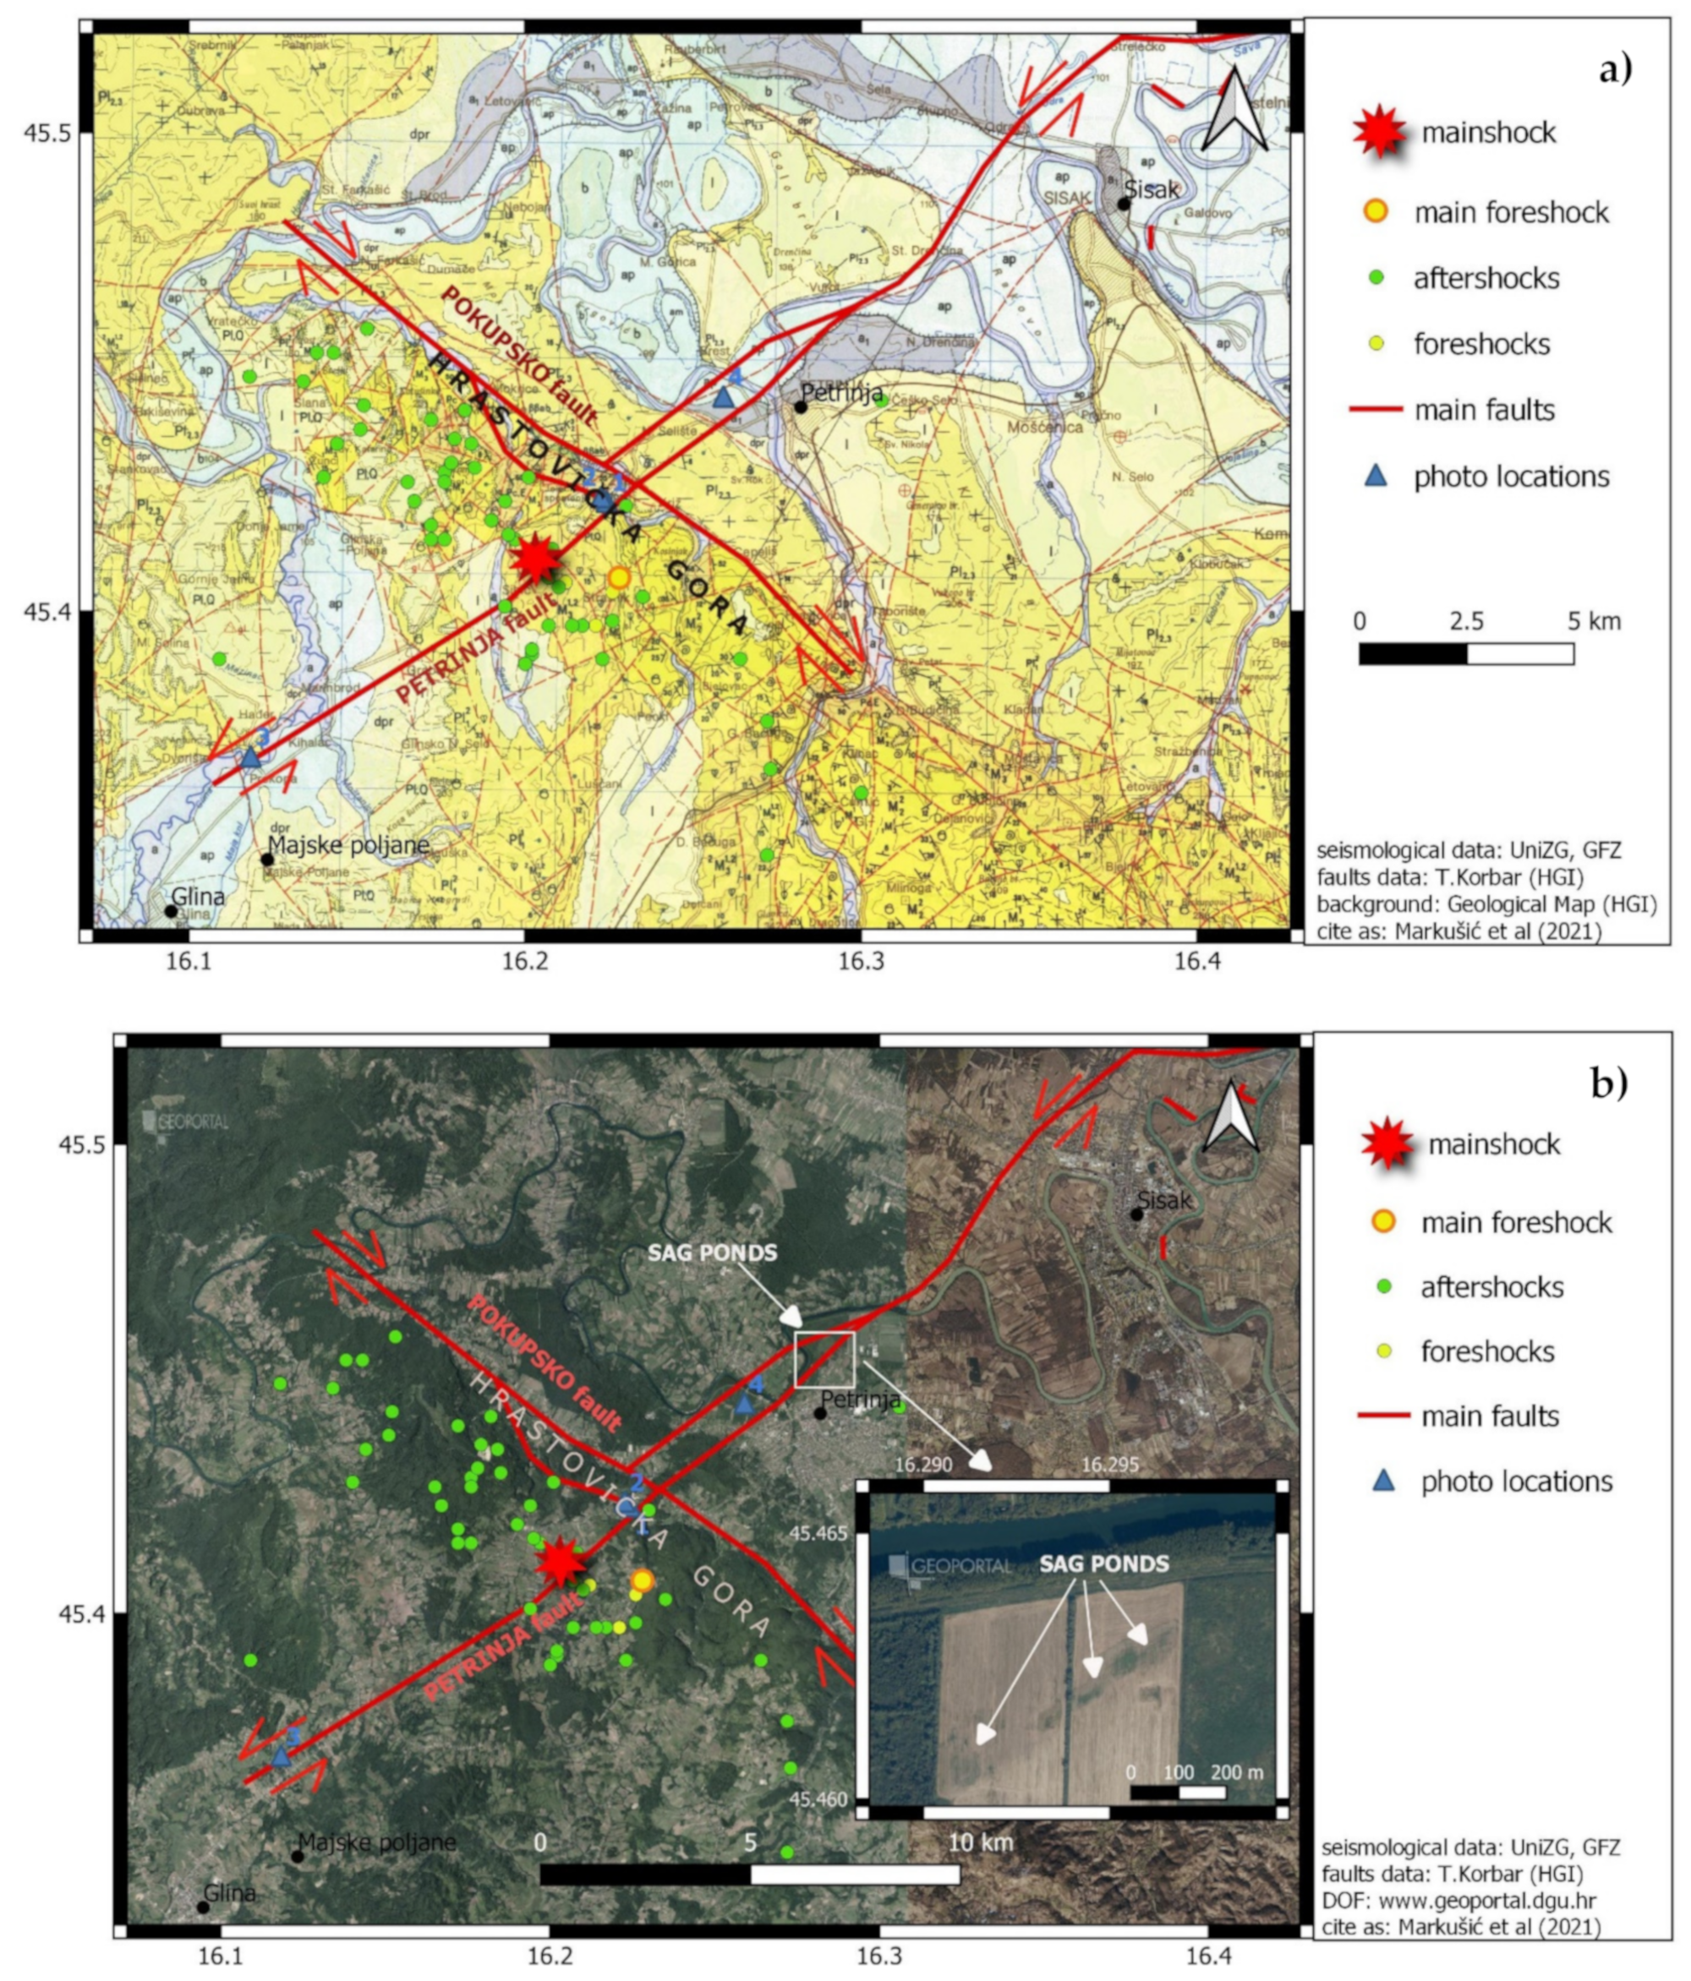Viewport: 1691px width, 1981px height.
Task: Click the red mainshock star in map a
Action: pos(534,559)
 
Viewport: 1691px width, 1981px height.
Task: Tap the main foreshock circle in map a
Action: pos(619,577)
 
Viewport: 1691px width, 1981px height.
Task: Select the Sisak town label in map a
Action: pos(1152,189)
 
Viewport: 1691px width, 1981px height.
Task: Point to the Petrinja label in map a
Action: pos(840,393)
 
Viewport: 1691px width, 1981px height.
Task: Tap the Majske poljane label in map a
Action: pos(348,844)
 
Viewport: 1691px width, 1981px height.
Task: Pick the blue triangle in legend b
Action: pos(1383,1480)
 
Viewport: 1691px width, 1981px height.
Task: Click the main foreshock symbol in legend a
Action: pos(1376,211)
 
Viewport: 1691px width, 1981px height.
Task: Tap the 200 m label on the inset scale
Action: pos(1237,1771)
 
